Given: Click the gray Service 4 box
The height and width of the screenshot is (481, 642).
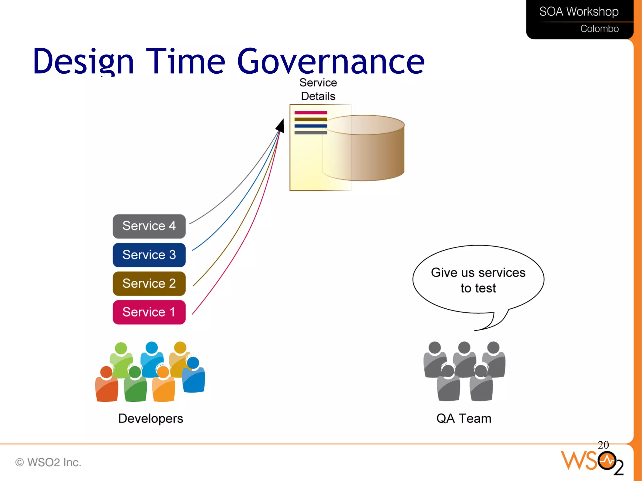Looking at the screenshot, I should (149, 226).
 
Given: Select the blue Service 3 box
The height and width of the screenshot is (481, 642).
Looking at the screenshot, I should (149, 255).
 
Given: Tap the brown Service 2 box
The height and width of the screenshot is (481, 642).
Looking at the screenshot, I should (149, 284).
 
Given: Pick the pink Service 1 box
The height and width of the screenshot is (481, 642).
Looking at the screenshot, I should (149, 312).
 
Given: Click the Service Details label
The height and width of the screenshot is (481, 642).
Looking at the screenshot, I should (318, 89).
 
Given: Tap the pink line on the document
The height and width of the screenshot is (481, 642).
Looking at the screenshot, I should (310, 112).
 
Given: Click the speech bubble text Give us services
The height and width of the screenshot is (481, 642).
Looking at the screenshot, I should (478, 273).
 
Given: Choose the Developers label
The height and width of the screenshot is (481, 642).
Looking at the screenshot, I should (150, 419).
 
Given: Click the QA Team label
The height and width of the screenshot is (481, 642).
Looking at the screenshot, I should (464, 419).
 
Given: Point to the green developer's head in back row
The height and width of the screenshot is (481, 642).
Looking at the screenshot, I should (121, 348).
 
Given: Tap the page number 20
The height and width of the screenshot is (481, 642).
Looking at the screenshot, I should (603, 445).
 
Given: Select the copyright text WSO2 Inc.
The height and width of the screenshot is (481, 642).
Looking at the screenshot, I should (49, 462).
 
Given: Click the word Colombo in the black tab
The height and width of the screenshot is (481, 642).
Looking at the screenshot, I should (599, 29).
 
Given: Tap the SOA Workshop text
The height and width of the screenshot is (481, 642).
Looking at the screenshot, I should (579, 12).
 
